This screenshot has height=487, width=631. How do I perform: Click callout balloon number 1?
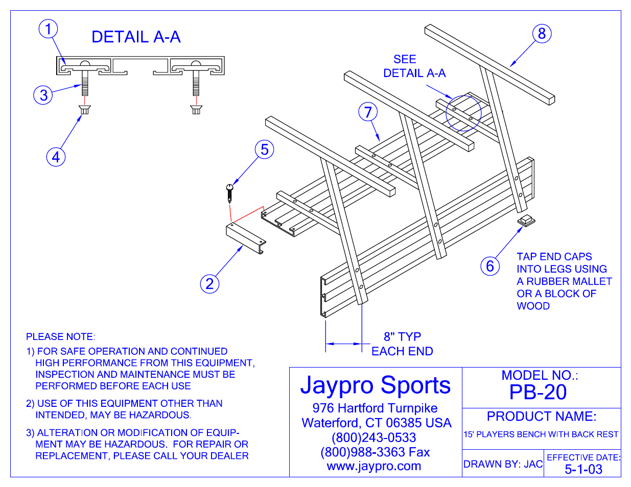point(49,29)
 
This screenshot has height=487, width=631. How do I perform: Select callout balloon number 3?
point(43,95)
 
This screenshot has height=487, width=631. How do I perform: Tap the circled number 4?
point(56,156)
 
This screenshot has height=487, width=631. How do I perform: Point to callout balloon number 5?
point(264,150)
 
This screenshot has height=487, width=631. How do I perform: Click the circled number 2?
point(209,284)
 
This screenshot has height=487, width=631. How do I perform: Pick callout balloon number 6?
point(489,265)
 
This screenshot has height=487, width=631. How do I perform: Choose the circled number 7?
point(368,112)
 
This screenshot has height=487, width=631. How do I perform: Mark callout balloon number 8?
point(542,34)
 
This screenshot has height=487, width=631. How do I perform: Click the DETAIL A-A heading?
point(136,37)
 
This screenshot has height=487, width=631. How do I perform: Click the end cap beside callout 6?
point(525,221)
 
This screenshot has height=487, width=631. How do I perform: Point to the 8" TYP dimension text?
point(402,337)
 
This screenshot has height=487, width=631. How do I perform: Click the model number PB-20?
point(538,392)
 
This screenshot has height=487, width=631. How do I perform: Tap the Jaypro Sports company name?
point(376,385)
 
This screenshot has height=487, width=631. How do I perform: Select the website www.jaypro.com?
point(374,466)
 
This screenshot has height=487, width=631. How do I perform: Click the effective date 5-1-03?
point(583,470)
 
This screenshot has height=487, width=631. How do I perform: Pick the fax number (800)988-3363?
point(375,452)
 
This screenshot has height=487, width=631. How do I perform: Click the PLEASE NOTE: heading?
point(60,337)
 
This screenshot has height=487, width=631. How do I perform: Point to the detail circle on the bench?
point(463,113)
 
